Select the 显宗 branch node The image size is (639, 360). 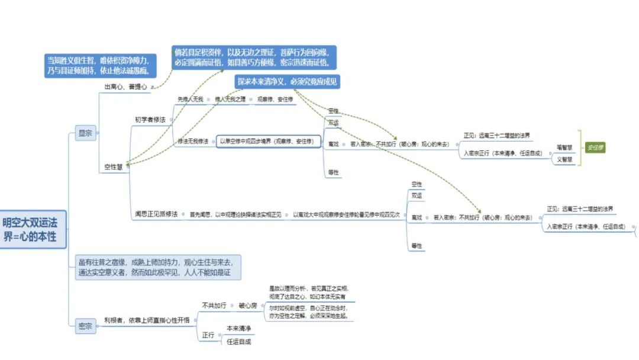tap(85, 133)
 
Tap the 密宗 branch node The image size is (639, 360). tap(85, 325)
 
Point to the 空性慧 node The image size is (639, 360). tap(112, 167)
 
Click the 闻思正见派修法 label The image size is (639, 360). tap(156, 213)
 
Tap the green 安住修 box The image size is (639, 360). tap(595, 147)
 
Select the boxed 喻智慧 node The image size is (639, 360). tap(564, 146)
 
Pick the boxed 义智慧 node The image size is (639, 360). tap(564, 159)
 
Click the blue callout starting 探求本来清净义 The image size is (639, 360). tap(288, 82)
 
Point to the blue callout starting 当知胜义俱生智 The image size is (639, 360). tap(101, 65)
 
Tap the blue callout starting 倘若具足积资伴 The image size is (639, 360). tap(254, 57)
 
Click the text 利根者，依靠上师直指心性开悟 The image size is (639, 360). tap(147, 320)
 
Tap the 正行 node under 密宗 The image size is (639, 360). tap(208, 335)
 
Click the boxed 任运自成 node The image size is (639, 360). tap(239, 341)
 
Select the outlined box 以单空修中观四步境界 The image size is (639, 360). tap(269, 141)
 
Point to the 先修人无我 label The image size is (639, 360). tap(191, 99)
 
